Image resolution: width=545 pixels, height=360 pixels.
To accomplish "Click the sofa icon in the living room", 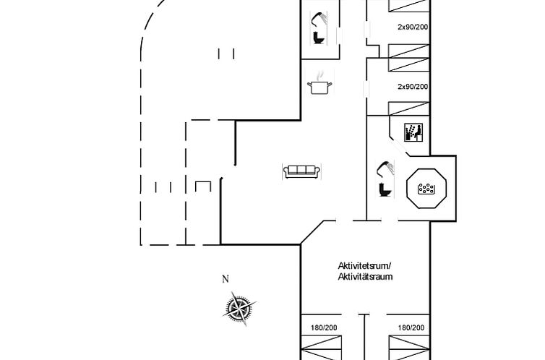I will click(301, 171).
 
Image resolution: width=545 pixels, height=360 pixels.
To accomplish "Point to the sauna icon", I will click(413, 132).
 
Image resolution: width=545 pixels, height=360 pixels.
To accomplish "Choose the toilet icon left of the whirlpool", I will click(386, 189).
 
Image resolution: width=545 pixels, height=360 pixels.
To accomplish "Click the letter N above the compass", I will click(225, 279).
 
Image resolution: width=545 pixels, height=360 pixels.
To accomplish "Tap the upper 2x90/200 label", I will click(413, 27).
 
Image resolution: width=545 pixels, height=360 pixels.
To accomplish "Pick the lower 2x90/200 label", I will click(413, 87).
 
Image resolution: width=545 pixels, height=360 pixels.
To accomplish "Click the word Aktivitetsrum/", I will click(364, 265).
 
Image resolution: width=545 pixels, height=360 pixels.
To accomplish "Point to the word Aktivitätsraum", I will click(365, 276).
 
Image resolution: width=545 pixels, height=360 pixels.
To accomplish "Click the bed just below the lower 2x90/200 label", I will click(410, 109).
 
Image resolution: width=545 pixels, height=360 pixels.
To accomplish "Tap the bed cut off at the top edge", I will click(410, 6).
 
